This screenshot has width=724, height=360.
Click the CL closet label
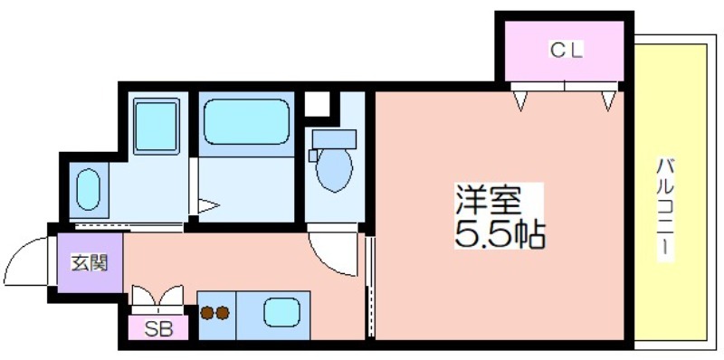[567, 50]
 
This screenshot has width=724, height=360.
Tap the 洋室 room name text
[489, 200]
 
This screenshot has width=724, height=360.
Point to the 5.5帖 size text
[500, 234]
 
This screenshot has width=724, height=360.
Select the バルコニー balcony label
[665, 209]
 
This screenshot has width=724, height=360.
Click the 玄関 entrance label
[89, 262]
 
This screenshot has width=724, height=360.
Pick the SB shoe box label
[158, 329]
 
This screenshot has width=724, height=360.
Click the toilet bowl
[334, 169]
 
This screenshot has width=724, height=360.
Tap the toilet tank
[334, 139]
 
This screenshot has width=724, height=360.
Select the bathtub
[246, 122]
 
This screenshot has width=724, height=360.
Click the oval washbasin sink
[88, 190]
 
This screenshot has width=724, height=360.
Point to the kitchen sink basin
[281, 312]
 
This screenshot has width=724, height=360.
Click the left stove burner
[207, 313]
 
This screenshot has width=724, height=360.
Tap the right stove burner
[223, 313]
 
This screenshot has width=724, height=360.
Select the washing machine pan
[157, 126]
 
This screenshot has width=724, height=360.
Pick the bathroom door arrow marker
[209, 206]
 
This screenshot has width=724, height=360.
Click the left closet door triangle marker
[521, 101]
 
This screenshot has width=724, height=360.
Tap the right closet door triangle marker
[609, 101]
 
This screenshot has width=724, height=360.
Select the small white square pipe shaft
[318, 104]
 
